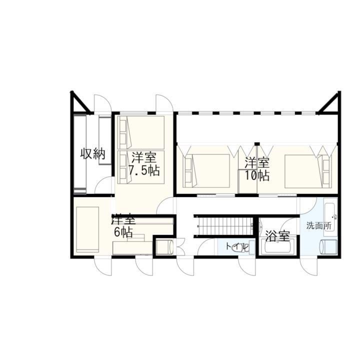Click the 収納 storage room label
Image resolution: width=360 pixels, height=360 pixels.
click(93, 154)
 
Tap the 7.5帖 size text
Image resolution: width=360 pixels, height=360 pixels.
click(144, 170)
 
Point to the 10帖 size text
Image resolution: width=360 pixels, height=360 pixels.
click(257, 175)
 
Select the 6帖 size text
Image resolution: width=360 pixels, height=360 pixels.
click(123, 232)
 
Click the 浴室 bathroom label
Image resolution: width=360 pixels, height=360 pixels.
click(277, 236)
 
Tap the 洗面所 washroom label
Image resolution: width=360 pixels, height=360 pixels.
click(319, 226)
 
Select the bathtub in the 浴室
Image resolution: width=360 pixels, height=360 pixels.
click(278, 246)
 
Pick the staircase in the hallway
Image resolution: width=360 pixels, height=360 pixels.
click(225, 226)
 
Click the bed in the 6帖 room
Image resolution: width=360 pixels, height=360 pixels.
click(87, 229)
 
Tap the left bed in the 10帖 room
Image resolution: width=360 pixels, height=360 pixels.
click(206, 171)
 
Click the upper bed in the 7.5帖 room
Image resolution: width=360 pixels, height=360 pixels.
click(140, 132)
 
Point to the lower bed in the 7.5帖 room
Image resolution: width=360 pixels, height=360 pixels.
click(140, 167)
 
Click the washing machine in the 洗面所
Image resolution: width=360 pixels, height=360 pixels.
click(328, 247)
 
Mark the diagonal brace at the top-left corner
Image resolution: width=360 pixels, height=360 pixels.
click(81, 102)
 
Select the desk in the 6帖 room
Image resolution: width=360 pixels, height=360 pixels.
click(132, 248)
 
